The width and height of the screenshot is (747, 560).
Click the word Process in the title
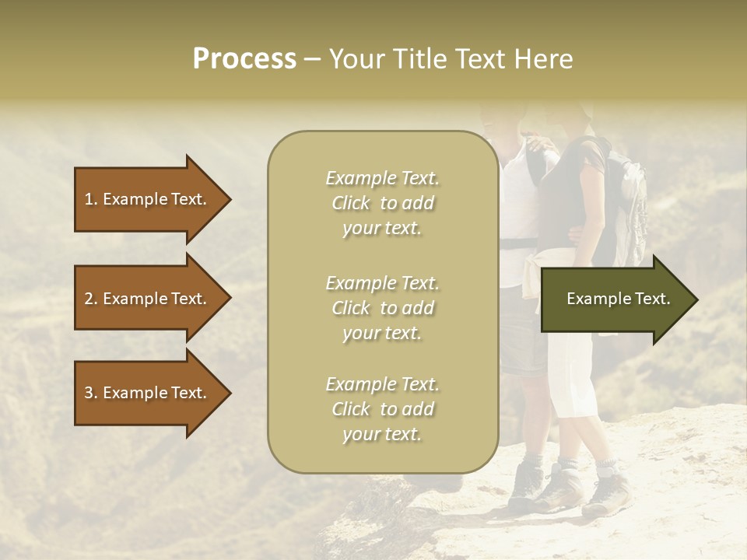pyautogui.click(x=244, y=59)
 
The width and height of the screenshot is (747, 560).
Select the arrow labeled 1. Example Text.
pyautogui.click(x=148, y=199)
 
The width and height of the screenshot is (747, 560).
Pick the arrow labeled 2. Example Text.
pyautogui.click(x=148, y=299)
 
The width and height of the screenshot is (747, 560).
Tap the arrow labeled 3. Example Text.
pyautogui.click(x=148, y=393)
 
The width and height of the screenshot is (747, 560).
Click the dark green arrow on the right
pyautogui.click(x=615, y=299)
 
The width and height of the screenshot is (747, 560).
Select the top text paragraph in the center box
pyautogui.click(x=382, y=203)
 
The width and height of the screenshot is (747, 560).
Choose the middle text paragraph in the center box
pyautogui.click(x=382, y=308)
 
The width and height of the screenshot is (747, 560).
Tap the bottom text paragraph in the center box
pyautogui.click(x=382, y=409)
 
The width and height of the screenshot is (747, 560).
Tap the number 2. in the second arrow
pyautogui.click(x=90, y=299)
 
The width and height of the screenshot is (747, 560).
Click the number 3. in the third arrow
pyautogui.click(x=90, y=393)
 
